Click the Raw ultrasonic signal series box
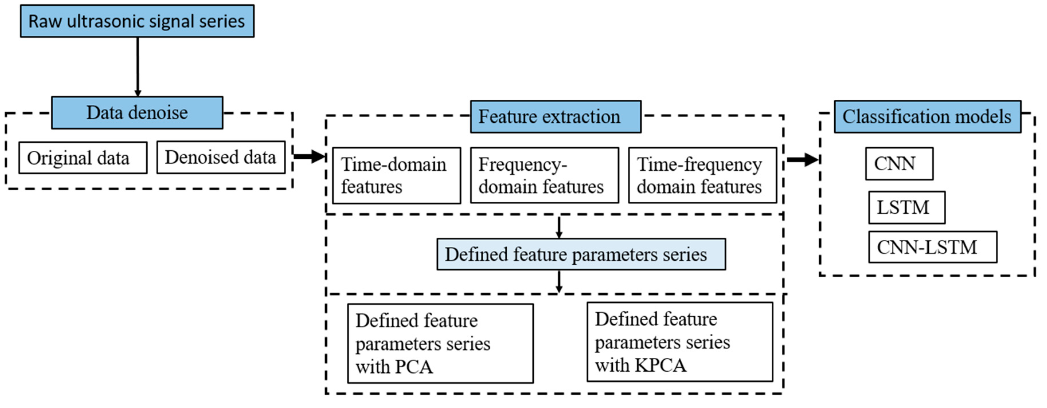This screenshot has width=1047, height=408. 137,21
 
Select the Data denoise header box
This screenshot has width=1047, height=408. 137,113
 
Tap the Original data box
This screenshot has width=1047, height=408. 83,158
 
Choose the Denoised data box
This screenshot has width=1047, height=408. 221,158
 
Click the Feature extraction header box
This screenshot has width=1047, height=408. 555,117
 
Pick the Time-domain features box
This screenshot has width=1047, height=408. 396,175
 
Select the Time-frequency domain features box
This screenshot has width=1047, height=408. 702,175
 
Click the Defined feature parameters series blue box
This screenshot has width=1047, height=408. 581,255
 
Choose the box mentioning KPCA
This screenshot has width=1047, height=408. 679,342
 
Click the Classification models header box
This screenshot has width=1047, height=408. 927,117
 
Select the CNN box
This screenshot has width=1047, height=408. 899,164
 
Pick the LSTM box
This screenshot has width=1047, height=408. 906,207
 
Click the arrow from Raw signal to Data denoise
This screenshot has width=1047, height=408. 137,67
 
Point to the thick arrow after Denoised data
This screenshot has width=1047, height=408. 309,156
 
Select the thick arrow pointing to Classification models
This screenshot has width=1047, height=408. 802,160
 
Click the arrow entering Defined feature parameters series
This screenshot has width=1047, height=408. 559,227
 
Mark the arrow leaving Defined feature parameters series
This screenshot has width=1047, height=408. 559,282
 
